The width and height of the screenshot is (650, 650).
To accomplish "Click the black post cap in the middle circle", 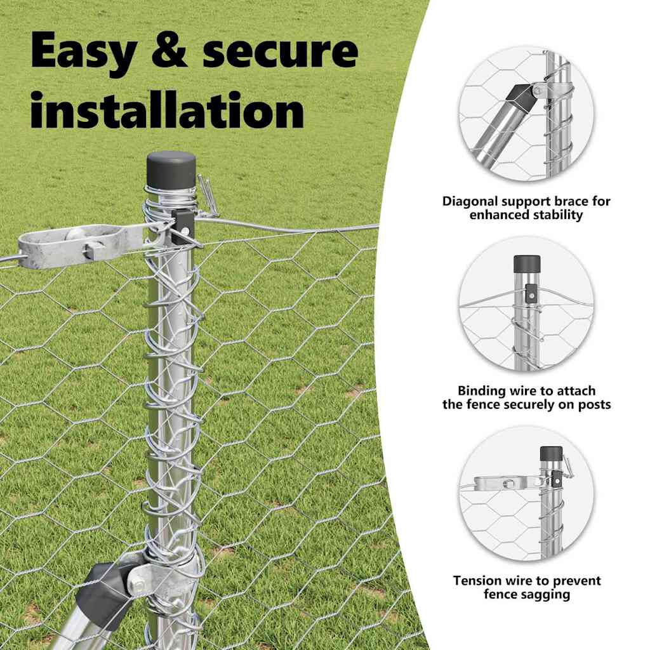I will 527,263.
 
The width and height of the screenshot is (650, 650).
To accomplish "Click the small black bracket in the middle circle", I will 530,293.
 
